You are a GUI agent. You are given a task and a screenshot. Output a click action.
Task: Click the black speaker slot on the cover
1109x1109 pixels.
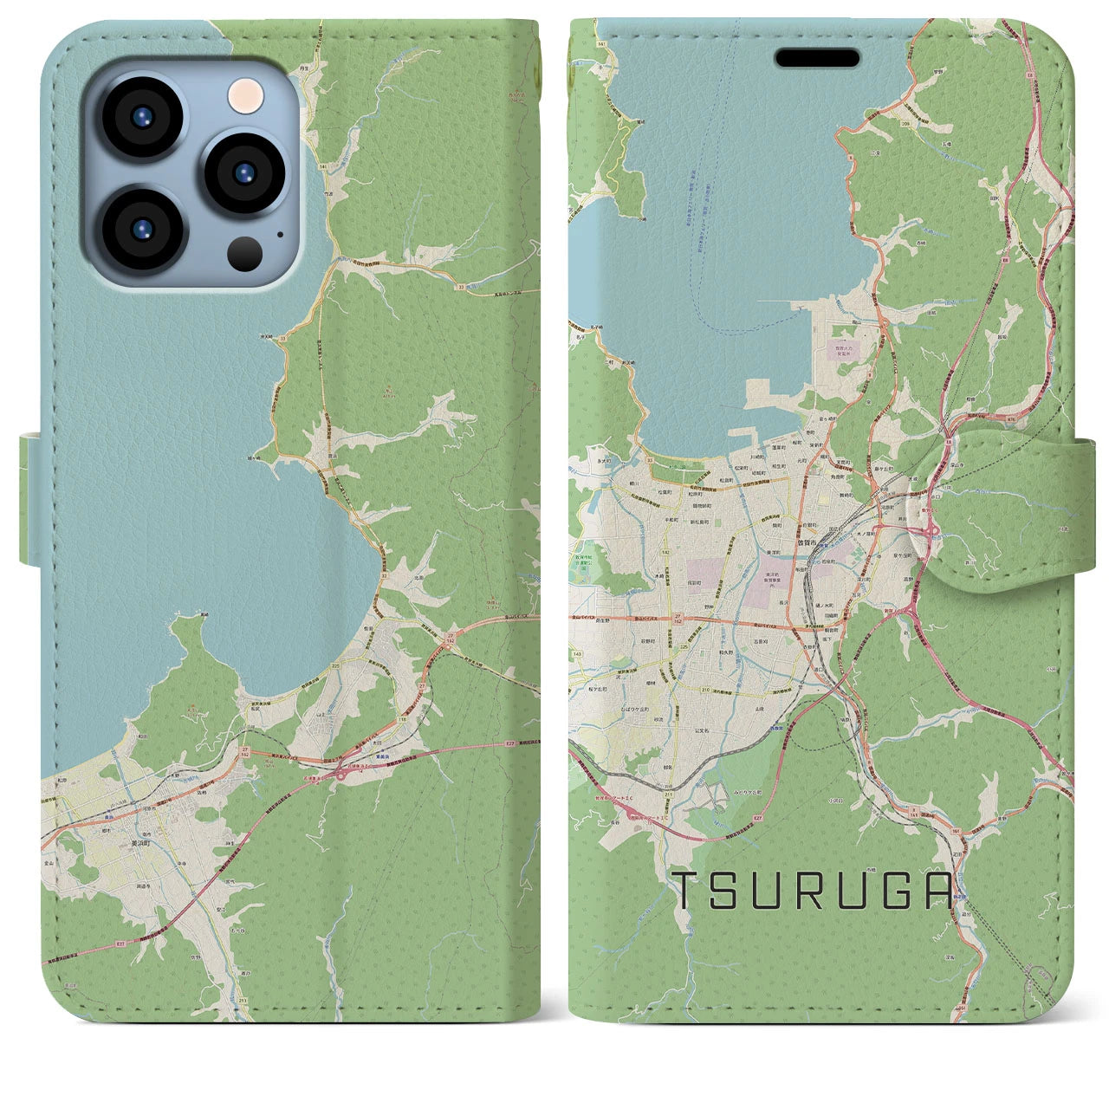[x=817, y=58]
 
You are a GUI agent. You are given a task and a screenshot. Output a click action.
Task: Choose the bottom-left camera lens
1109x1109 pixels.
[x=140, y=229]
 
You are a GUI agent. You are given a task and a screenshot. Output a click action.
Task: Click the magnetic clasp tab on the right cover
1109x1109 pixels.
[x=1006, y=511]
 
